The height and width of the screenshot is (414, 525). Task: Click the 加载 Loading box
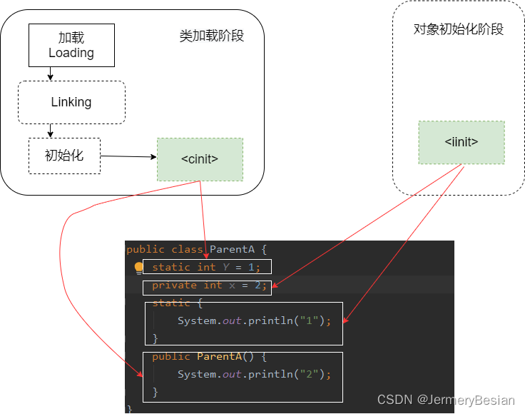click(71, 46)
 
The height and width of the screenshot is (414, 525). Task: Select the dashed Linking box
click(71, 102)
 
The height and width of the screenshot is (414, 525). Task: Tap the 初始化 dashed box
click(64, 156)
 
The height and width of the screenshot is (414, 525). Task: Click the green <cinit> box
click(200, 159)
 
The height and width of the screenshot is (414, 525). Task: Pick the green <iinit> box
click(461, 142)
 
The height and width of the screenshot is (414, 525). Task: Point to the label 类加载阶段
click(211, 36)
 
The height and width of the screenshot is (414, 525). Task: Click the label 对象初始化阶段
click(459, 29)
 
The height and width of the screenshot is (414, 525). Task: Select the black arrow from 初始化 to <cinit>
click(128, 156)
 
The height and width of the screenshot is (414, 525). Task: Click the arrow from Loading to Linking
click(50, 74)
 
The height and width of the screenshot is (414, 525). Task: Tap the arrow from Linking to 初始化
click(50, 131)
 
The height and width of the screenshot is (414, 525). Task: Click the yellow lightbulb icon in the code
click(139, 268)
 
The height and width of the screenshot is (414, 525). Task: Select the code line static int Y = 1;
click(206, 267)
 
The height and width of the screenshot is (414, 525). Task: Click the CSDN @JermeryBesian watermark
click(445, 400)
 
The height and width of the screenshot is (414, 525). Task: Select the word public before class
click(145, 249)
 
